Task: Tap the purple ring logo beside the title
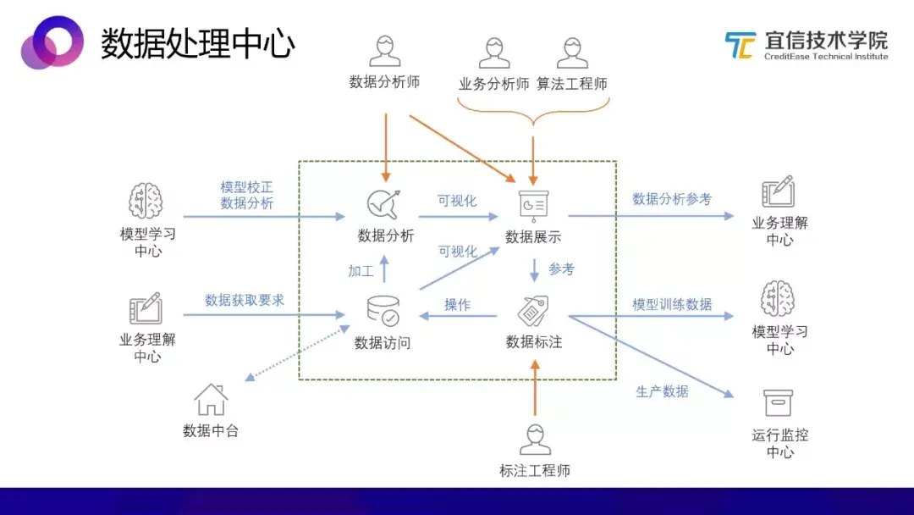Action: (x=52, y=42)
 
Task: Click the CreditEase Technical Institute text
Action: (x=826, y=57)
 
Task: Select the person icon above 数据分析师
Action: (x=384, y=52)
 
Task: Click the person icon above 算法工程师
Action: (x=572, y=53)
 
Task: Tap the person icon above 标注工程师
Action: (x=535, y=440)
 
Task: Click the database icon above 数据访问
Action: (x=383, y=312)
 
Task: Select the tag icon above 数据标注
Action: (x=533, y=311)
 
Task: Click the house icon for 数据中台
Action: (x=211, y=400)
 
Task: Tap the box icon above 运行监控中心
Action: (x=778, y=402)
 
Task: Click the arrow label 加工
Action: (x=361, y=271)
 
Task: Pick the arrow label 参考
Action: (x=561, y=269)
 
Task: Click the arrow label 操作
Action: (x=458, y=304)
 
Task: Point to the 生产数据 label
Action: (x=662, y=391)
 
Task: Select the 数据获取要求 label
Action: (x=245, y=300)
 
